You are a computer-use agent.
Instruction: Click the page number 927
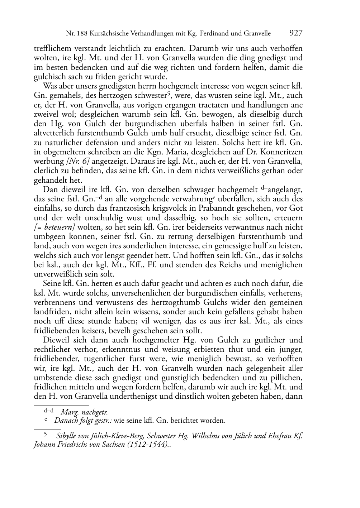(296, 33)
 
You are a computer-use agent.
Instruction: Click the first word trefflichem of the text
(51, 48)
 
